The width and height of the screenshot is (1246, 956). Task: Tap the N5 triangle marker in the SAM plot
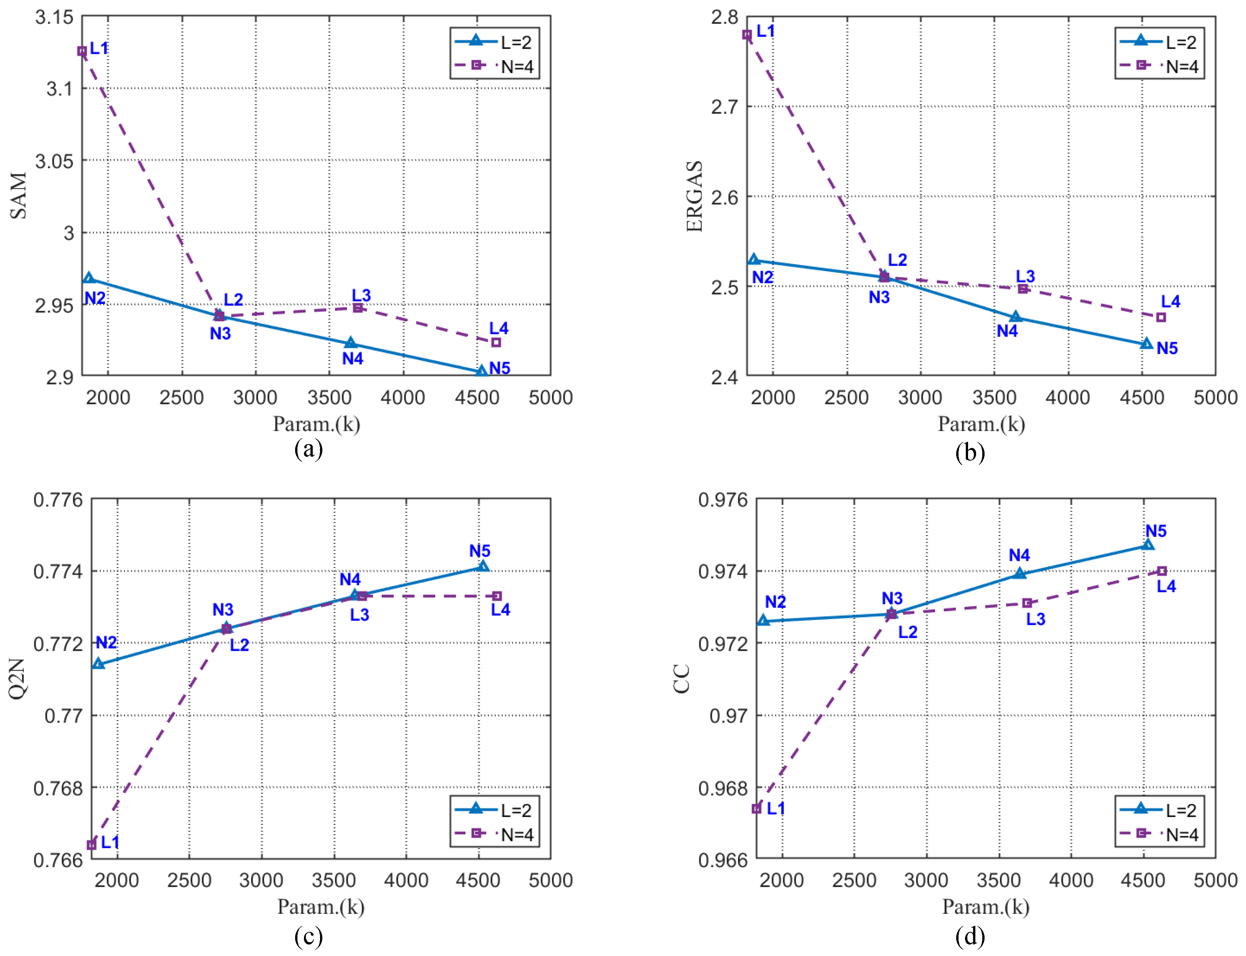[481, 371]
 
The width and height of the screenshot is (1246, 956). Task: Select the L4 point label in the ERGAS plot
[1170, 302]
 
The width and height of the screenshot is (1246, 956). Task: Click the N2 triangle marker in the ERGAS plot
[754, 260]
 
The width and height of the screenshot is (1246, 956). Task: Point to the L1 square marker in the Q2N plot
[91, 845]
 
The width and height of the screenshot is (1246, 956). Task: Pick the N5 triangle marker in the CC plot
[1148, 544]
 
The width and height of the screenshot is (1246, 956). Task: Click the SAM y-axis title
[18, 196]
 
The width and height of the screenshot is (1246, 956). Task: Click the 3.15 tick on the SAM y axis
[55, 17]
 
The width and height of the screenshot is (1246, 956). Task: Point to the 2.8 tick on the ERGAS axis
[724, 17]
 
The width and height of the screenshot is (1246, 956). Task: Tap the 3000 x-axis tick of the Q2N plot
[261, 880]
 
